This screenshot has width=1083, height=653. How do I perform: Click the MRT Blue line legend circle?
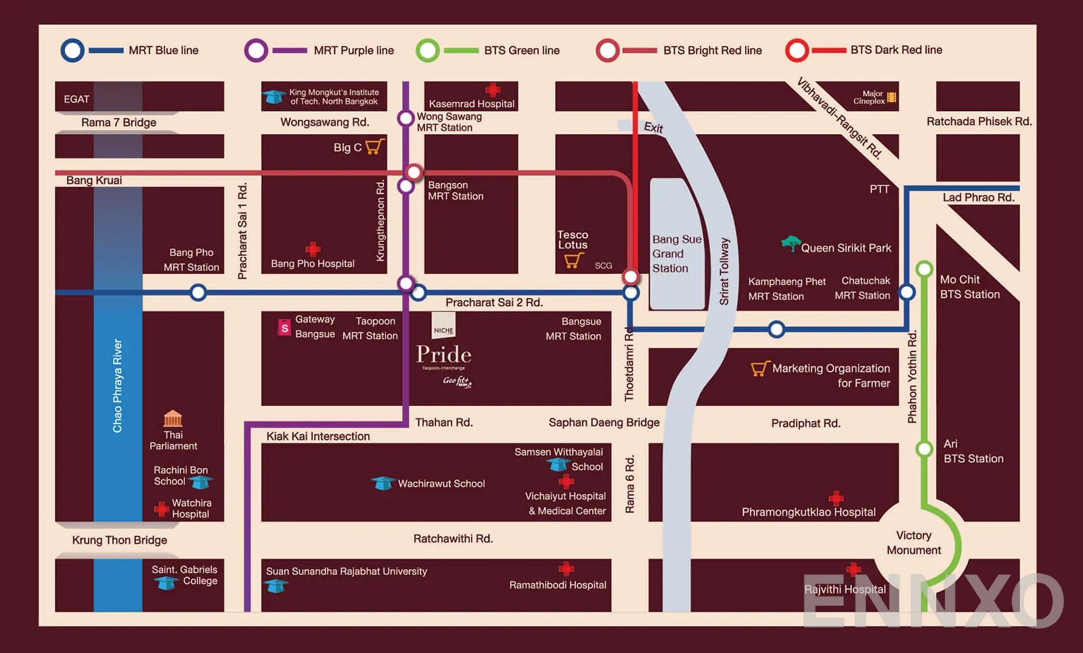72,51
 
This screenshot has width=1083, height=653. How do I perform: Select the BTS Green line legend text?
521,51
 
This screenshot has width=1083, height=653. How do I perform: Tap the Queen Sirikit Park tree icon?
790,243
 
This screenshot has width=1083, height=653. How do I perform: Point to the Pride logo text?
443,355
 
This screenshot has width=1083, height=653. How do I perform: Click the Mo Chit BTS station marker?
924,269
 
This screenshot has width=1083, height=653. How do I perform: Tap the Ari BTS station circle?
924,449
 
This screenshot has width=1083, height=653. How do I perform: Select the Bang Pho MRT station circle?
198,293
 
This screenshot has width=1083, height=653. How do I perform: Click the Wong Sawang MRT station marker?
405,118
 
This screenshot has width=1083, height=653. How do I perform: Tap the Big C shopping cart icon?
374,146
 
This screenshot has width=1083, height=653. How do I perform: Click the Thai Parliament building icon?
173,418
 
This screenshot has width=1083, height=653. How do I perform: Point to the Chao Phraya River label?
117,386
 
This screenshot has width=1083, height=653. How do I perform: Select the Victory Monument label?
913,543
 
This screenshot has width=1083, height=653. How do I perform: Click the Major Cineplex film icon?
891,97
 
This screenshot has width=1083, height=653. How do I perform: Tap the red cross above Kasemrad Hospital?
493,89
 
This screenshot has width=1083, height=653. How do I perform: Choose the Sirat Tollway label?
724,271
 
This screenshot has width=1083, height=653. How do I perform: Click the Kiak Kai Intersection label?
317,436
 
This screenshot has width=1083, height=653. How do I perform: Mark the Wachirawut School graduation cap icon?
382,483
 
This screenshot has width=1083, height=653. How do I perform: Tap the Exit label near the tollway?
653,127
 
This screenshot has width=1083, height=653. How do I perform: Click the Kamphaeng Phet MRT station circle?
776,330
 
